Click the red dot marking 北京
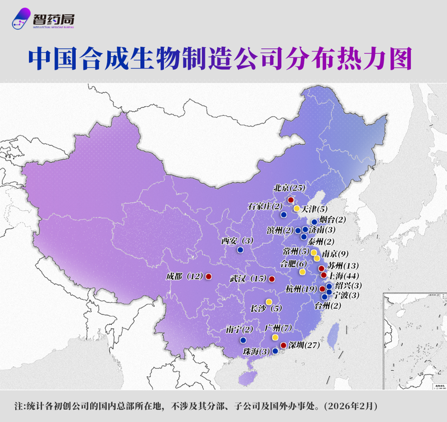291,200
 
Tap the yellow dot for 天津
296,208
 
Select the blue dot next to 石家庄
283,215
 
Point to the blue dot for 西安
240,250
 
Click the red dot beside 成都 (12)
208,276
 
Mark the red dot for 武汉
272,279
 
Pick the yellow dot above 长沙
269,301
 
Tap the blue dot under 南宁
242,340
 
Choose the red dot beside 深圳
283,345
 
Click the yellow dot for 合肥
302,272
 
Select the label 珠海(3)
256,352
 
